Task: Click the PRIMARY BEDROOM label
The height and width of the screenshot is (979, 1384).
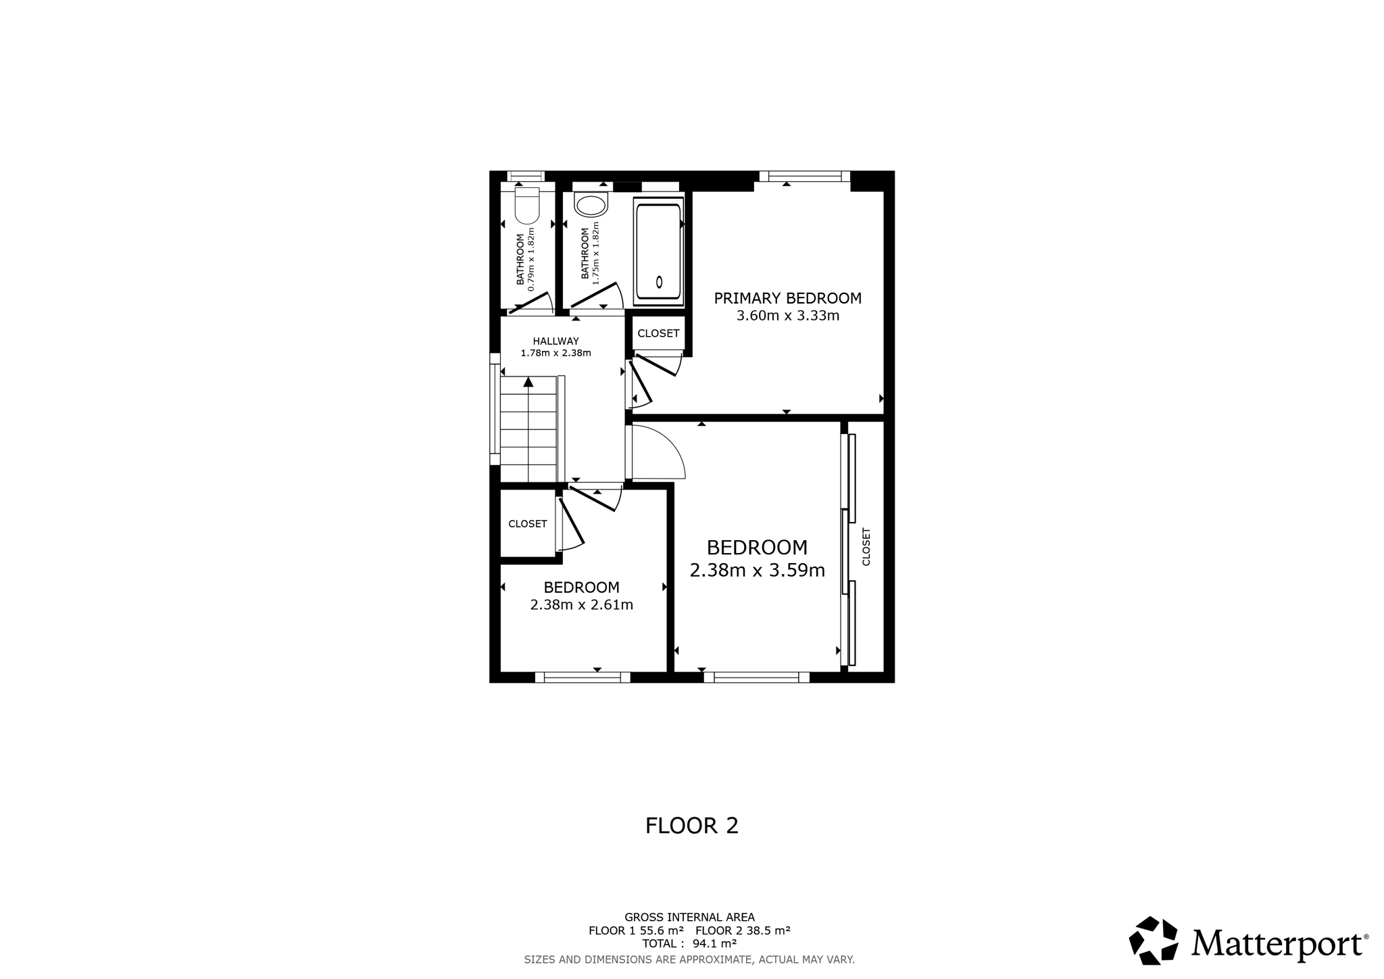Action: click(x=788, y=298)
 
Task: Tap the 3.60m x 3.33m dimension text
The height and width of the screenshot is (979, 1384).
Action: click(x=788, y=316)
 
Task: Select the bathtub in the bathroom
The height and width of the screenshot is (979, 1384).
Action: click(x=658, y=252)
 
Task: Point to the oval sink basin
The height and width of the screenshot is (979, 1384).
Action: click(x=591, y=206)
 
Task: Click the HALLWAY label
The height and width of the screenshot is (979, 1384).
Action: click(x=556, y=341)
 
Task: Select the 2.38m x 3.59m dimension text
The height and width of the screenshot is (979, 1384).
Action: click(x=758, y=571)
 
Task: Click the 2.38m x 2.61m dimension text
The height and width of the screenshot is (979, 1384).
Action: click(x=582, y=605)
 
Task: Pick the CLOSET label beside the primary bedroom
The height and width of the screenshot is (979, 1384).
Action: click(x=658, y=333)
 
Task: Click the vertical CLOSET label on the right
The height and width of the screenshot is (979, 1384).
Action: click(x=866, y=547)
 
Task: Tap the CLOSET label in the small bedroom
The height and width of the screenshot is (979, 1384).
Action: click(x=528, y=524)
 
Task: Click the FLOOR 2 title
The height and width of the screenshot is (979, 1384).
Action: click(x=692, y=826)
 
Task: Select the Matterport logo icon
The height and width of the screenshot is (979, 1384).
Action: click(x=1154, y=940)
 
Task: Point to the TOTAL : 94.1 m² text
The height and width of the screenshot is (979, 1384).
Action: click(x=689, y=944)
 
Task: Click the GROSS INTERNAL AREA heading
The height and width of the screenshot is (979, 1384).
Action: click(x=689, y=917)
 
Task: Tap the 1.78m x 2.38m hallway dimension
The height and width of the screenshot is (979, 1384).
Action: click(x=556, y=353)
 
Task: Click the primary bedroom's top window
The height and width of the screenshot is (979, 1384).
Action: click(x=804, y=176)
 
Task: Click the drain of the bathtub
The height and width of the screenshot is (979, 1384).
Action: click(x=660, y=283)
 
